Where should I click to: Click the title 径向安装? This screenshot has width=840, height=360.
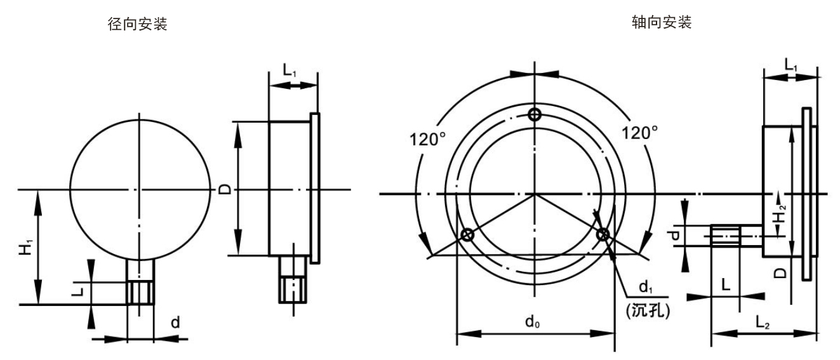coord(137,24)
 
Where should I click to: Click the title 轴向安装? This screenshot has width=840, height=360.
coord(662,22)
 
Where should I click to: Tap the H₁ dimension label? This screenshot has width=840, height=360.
coord(26,248)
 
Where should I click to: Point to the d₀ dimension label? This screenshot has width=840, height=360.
coord(533,322)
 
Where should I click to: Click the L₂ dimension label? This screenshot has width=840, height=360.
coord(763,323)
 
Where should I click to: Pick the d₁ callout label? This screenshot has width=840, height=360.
coord(646,287)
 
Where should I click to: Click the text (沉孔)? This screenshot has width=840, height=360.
coord(648,310)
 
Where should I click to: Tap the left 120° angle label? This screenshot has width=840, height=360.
coord(427,140)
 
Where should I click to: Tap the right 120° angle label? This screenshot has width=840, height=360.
coord(640,133)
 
